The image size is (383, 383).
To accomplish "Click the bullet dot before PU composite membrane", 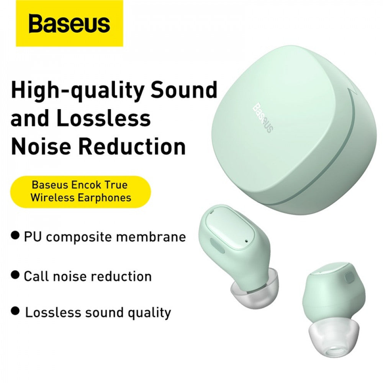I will [x=15, y=235].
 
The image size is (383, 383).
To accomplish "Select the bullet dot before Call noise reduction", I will [x=15, y=275].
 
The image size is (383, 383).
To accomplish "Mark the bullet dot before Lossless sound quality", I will [x=15, y=311].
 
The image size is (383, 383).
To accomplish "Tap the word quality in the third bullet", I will [x=150, y=313].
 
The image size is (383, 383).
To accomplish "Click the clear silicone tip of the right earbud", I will [x=330, y=335].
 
